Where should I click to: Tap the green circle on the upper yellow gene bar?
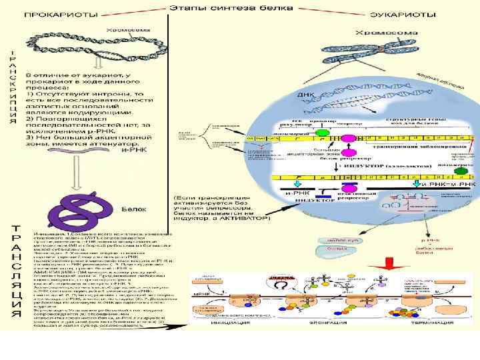[x=322, y=133]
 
